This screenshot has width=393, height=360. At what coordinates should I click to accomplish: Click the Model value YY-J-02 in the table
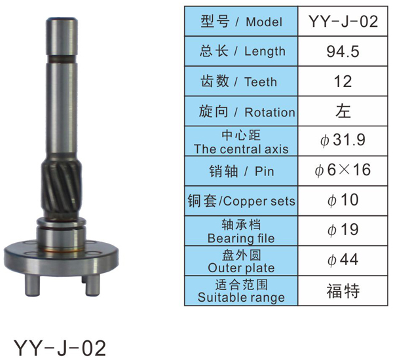(343, 22)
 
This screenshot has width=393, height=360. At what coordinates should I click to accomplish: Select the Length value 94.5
(343, 51)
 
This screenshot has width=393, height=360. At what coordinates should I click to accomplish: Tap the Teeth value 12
(343, 81)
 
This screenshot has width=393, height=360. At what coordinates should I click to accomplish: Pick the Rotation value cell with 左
(343, 111)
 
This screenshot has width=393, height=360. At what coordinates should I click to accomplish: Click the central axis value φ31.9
(343, 140)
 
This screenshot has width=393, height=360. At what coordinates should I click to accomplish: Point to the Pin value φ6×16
(343, 170)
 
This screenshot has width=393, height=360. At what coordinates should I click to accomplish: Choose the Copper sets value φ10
(343, 200)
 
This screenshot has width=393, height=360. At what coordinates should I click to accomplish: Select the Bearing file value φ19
(343, 230)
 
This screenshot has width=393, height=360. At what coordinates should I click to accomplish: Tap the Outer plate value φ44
(343, 260)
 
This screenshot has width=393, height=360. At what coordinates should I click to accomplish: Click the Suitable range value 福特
(343, 291)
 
